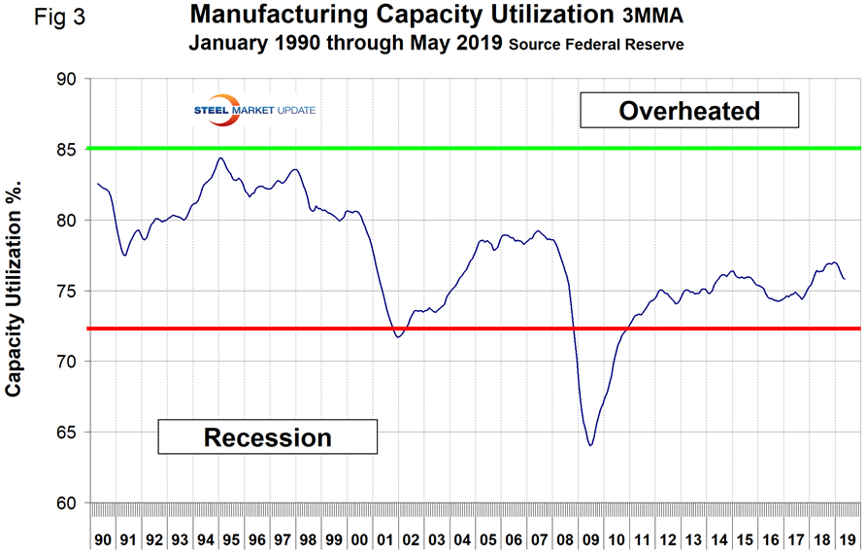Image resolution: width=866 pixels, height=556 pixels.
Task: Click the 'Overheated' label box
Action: (x=688, y=111)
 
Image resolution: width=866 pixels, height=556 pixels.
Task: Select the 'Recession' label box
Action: (x=267, y=436)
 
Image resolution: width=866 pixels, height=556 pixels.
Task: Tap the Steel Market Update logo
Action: (x=257, y=108)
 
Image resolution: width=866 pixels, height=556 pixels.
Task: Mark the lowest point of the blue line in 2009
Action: (x=589, y=445)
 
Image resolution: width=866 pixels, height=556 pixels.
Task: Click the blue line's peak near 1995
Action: (x=220, y=157)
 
